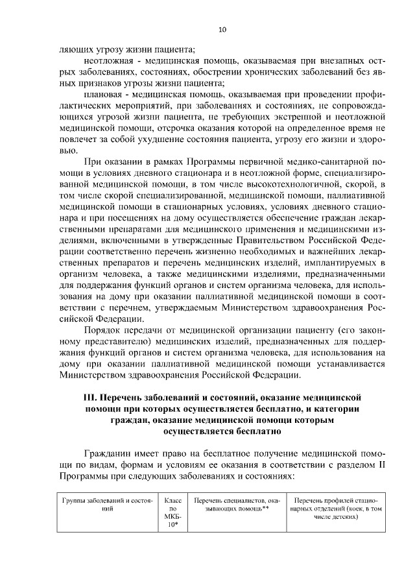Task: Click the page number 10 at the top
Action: click(222, 30)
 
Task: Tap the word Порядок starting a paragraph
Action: click(105, 330)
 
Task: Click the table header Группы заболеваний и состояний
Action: click(108, 507)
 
